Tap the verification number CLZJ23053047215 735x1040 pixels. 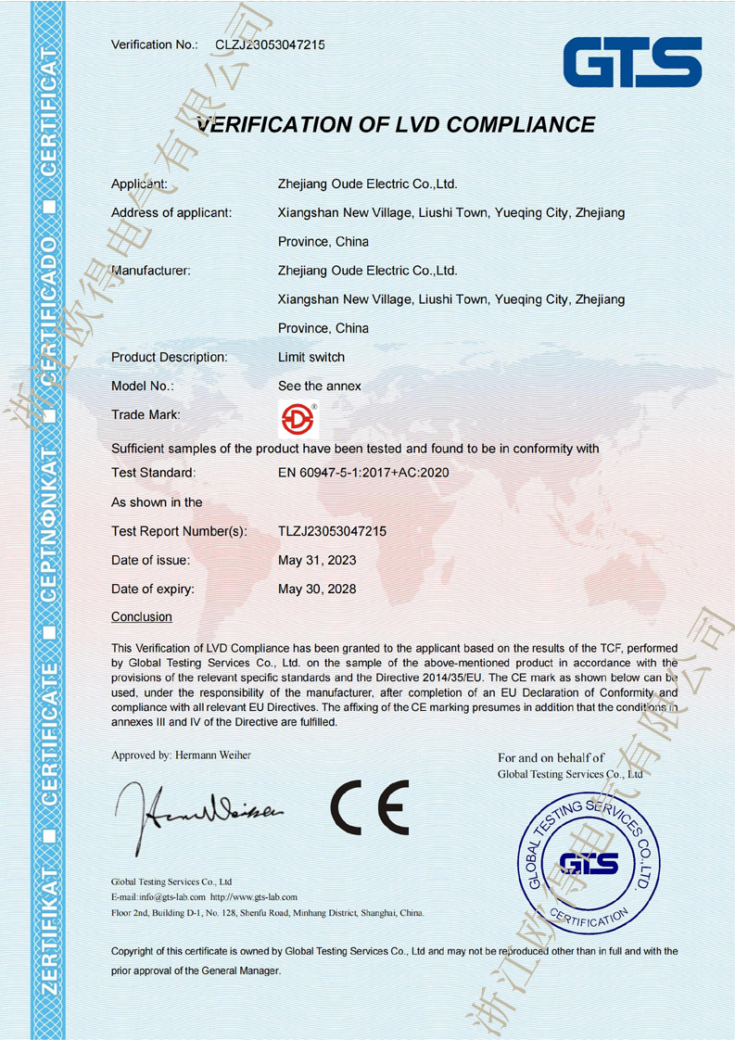[x=270, y=44]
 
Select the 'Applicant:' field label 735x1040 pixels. [x=139, y=184]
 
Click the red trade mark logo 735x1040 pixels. [x=298, y=419]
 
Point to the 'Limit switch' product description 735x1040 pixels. [x=311, y=357]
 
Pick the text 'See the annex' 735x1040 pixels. [x=320, y=386]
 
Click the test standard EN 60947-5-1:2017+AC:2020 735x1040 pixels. [x=370, y=473]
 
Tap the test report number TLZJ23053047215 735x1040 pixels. [x=332, y=531]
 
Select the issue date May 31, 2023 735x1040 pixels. [x=317, y=560]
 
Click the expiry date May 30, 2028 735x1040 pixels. [x=317, y=589]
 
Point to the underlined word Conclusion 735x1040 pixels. [x=142, y=616]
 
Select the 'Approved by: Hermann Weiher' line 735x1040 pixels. [x=181, y=755]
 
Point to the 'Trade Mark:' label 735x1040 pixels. [x=146, y=414]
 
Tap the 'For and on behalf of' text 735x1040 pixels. [x=551, y=758]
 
